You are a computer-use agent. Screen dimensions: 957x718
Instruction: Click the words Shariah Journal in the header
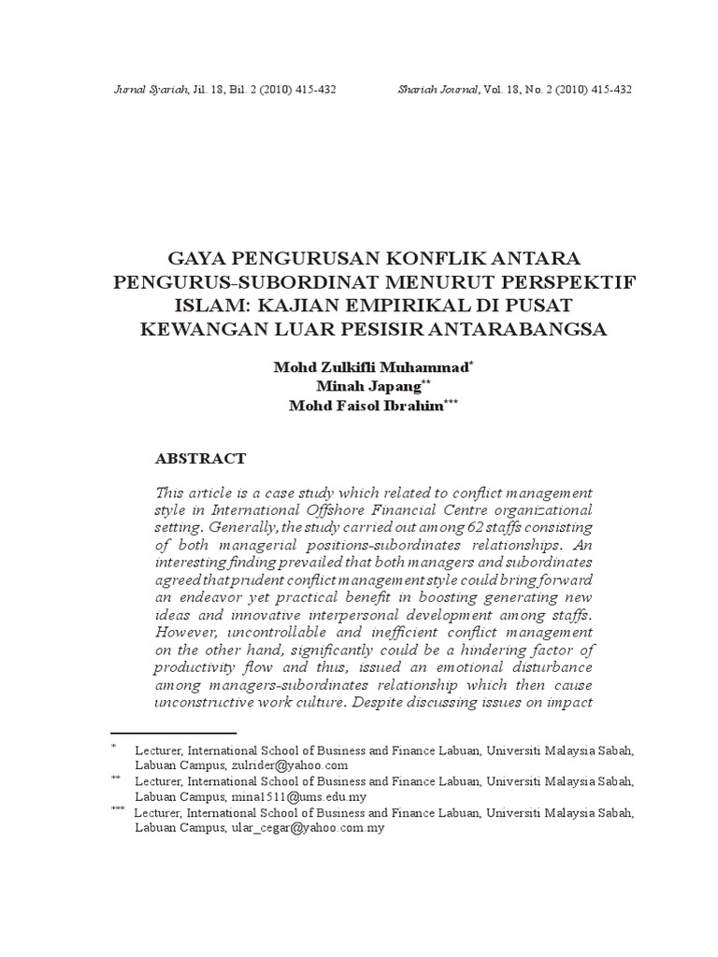pos(437,90)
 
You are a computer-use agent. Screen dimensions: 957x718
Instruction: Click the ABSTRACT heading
pos(199,459)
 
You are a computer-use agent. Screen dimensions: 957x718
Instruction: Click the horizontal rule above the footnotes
pos(173,734)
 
